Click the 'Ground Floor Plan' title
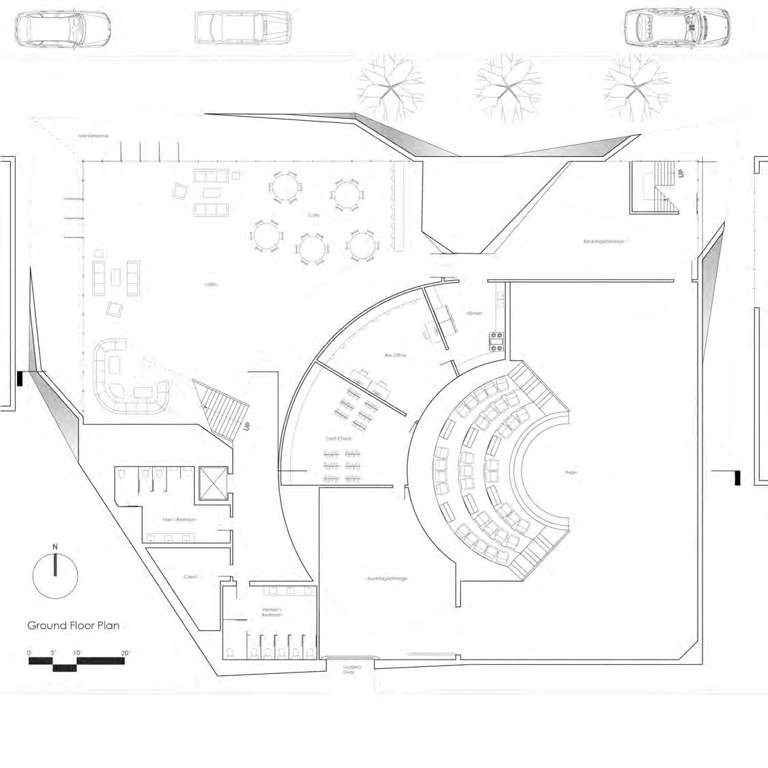74,625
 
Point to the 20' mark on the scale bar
125,653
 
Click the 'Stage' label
571,472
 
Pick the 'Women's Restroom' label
271,612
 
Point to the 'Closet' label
190,577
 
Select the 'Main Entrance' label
95,137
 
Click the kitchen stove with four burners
496,341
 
